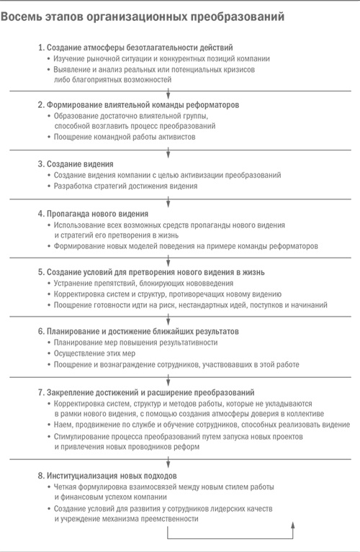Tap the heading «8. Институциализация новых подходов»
[107, 476]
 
